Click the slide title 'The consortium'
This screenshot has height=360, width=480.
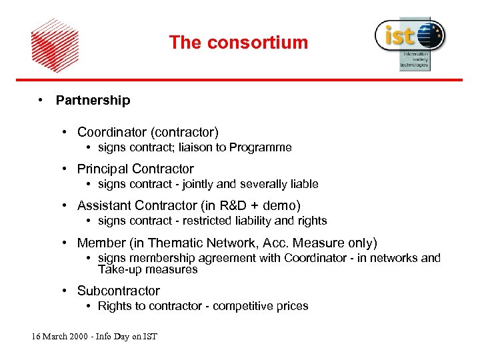click(x=238, y=43)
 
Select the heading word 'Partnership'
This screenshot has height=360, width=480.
click(x=93, y=101)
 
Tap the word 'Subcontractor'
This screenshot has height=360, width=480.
click(x=118, y=291)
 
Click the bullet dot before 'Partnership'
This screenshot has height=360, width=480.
click(x=41, y=100)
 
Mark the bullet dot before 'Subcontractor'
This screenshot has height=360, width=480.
click(x=65, y=291)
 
